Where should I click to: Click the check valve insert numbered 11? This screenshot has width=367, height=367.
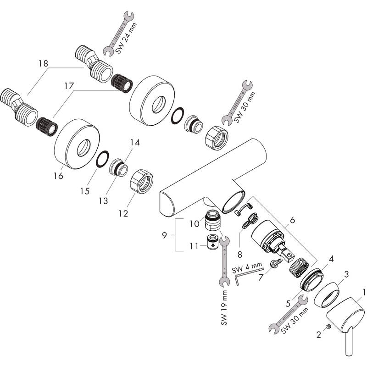pos(212,241)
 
